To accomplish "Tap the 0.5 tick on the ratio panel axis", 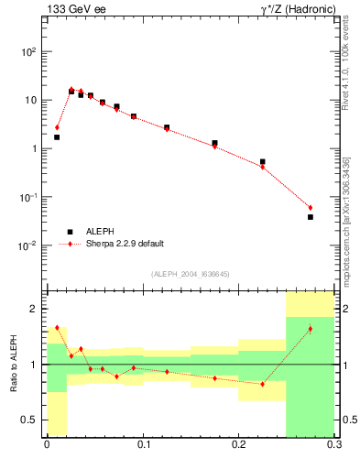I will click(x=32, y=420).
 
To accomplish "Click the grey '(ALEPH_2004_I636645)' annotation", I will click(x=190, y=274).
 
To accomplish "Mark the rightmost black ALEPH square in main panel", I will click(x=311, y=217).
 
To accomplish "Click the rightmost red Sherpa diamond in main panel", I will click(x=311, y=208).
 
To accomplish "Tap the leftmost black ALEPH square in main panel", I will click(x=57, y=137).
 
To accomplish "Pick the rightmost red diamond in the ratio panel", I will click(x=311, y=329).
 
